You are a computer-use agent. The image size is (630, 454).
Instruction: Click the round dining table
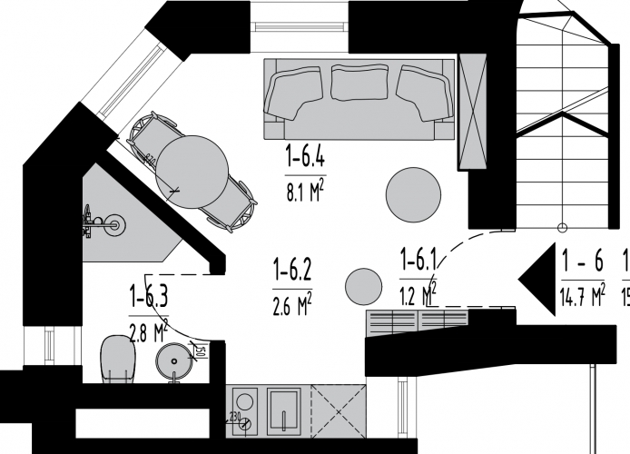pos(192,170)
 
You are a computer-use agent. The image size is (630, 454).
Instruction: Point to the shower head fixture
pos(113,224)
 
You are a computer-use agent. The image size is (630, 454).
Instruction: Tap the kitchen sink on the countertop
pos(288,410)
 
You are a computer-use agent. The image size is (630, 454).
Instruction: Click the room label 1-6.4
pos(305,160)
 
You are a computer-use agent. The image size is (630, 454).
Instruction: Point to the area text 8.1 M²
pos(305,191)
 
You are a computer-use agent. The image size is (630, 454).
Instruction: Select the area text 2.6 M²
pos(292,301)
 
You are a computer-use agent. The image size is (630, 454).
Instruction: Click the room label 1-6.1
pos(418,262)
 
